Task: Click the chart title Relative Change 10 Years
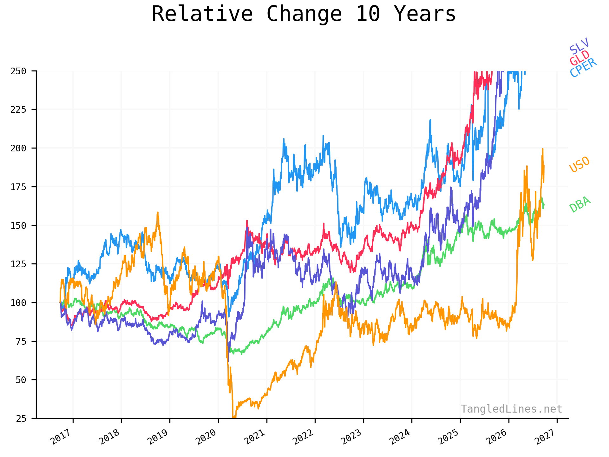tap(304, 14)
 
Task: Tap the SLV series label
tap(579, 46)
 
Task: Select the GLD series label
tap(580, 58)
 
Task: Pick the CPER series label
tap(583, 68)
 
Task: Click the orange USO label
tap(580, 164)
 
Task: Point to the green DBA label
tap(580, 204)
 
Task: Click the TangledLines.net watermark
tap(511, 409)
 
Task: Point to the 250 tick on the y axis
tap(18, 71)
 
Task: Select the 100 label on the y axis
tap(18, 303)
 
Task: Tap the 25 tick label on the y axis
tap(21, 419)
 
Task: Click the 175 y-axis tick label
tap(18, 187)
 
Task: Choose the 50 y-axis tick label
tap(21, 380)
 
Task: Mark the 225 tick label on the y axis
tap(18, 109)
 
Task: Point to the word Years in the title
tap(425, 14)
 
